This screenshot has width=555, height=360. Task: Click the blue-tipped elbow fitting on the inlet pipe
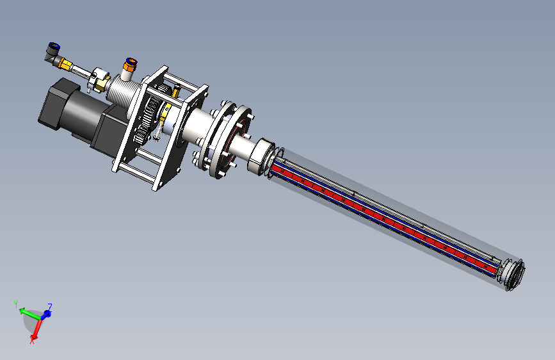[52, 54]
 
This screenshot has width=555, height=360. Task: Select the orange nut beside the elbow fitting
[65, 64]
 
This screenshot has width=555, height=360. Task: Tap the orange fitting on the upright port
[129, 65]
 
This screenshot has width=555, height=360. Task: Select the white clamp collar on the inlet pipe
[97, 79]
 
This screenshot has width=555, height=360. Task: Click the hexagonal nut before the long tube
[262, 156]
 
